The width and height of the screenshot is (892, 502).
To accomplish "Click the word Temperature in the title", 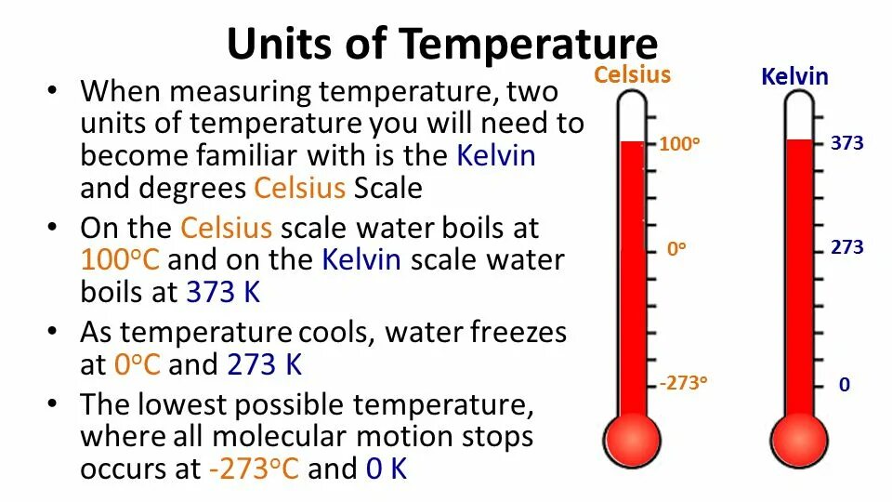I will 529,45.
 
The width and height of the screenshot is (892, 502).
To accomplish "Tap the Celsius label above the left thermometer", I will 632,74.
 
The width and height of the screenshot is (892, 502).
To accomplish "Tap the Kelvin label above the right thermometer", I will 794,76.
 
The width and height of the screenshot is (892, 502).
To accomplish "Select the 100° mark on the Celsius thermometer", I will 678,145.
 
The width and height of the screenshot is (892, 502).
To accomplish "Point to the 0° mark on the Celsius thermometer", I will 676,249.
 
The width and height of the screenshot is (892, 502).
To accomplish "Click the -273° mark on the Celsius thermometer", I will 684,383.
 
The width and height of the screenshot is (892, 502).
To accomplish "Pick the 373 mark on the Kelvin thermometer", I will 847,143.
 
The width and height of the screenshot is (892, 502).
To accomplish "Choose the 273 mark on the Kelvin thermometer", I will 847,247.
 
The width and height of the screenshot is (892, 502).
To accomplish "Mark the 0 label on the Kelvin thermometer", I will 845,384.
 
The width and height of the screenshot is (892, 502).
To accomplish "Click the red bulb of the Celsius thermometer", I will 632,438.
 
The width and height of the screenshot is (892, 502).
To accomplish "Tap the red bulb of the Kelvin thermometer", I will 798,438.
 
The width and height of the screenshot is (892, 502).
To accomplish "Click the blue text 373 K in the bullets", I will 223,291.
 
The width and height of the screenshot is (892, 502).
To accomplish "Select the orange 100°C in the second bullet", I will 121,259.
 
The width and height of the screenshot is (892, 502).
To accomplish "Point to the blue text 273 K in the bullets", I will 265,364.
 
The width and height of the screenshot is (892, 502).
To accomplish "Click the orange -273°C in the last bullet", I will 254,469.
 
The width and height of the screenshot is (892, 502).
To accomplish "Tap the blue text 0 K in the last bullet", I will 387,469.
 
